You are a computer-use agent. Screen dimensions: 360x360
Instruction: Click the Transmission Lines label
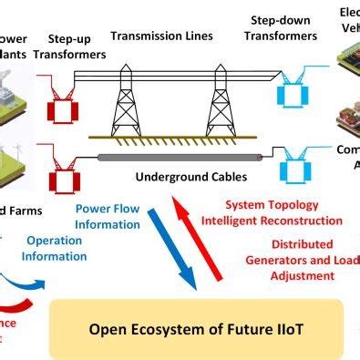click(161, 36)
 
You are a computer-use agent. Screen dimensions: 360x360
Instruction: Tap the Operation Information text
click(57, 249)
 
